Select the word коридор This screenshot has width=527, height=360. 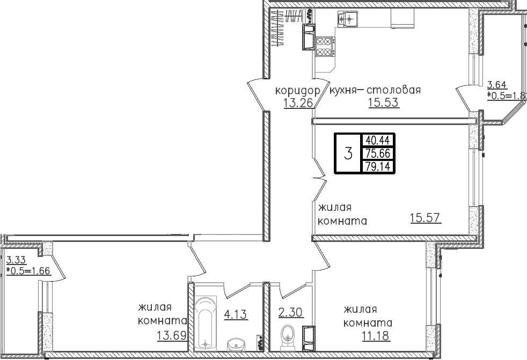pos(297,90)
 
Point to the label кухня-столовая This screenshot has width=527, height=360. pos(375,90)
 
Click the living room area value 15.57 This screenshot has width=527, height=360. pos(425,218)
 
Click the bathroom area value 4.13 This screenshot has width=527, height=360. pos(235,314)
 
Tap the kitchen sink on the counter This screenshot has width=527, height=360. pos(347,20)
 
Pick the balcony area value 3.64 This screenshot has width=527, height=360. pos(496,84)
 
